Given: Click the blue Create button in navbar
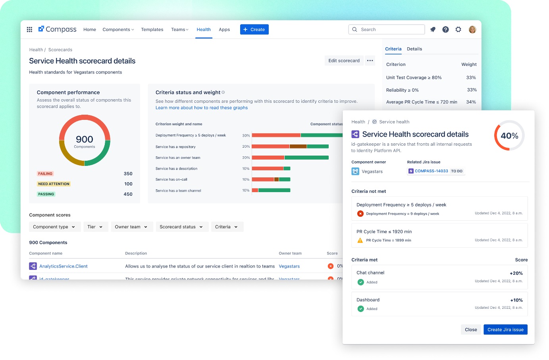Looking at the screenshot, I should click(x=254, y=29).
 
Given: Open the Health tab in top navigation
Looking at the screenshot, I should click(x=204, y=29).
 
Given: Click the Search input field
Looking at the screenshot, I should click(x=391, y=29).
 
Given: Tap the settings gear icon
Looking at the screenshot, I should click(x=458, y=29).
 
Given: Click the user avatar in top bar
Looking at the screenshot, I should click(x=472, y=29).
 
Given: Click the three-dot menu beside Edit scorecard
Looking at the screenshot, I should click(x=370, y=61).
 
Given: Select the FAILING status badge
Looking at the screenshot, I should click(x=45, y=174).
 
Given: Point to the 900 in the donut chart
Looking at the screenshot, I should click(x=85, y=139).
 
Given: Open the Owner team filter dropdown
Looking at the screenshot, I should click(x=131, y=227).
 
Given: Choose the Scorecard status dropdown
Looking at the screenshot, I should click(x=181, y=227).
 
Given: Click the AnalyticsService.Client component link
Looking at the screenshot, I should click(x=63, y=266).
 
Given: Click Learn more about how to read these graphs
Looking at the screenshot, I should click(x=202, y=108).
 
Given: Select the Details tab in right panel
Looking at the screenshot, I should click(x=414, y=49).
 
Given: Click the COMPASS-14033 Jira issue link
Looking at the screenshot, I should click(x=431, y=171).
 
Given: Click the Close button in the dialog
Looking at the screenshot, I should click(x=471, y=329).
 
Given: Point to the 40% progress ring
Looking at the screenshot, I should click(x=509, y=136).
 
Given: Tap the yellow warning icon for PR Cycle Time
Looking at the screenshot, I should click(x=360, y=240).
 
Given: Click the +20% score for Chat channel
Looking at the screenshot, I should click(x=516, y=273).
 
